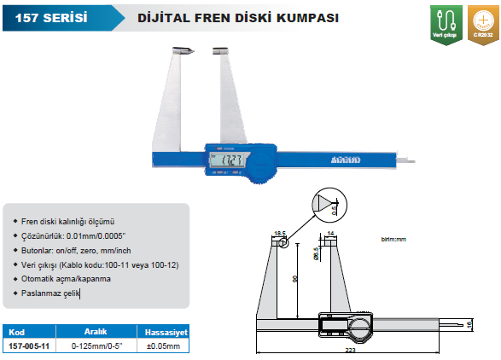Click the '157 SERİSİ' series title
(45, 16)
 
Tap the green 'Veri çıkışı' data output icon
(444, 21)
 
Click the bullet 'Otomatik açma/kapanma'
(71, 279)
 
